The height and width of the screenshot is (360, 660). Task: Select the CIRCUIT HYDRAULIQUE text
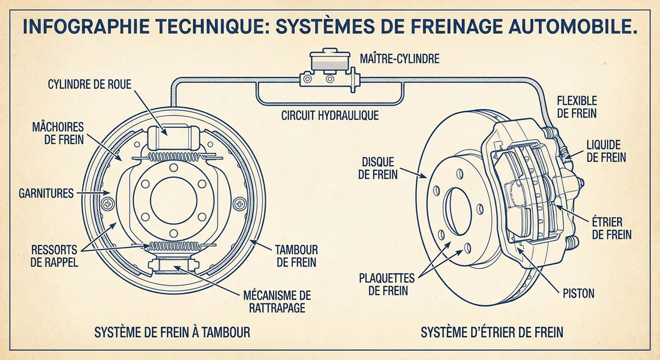click(x=330, y=115)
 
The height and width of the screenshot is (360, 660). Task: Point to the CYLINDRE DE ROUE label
click(x=89, y=83)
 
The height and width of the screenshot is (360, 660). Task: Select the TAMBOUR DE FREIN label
click(x=295, y=256)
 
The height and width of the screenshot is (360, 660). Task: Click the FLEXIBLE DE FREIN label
click(x=576, y=106)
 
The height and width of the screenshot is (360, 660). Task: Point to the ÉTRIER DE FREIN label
click(x=611, y=229)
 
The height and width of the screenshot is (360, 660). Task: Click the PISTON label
click(x=579, y=293)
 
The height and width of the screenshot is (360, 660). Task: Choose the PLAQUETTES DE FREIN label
click(x=388, y=284)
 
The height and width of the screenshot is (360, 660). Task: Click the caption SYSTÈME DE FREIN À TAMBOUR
click(x=173, y=332)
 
